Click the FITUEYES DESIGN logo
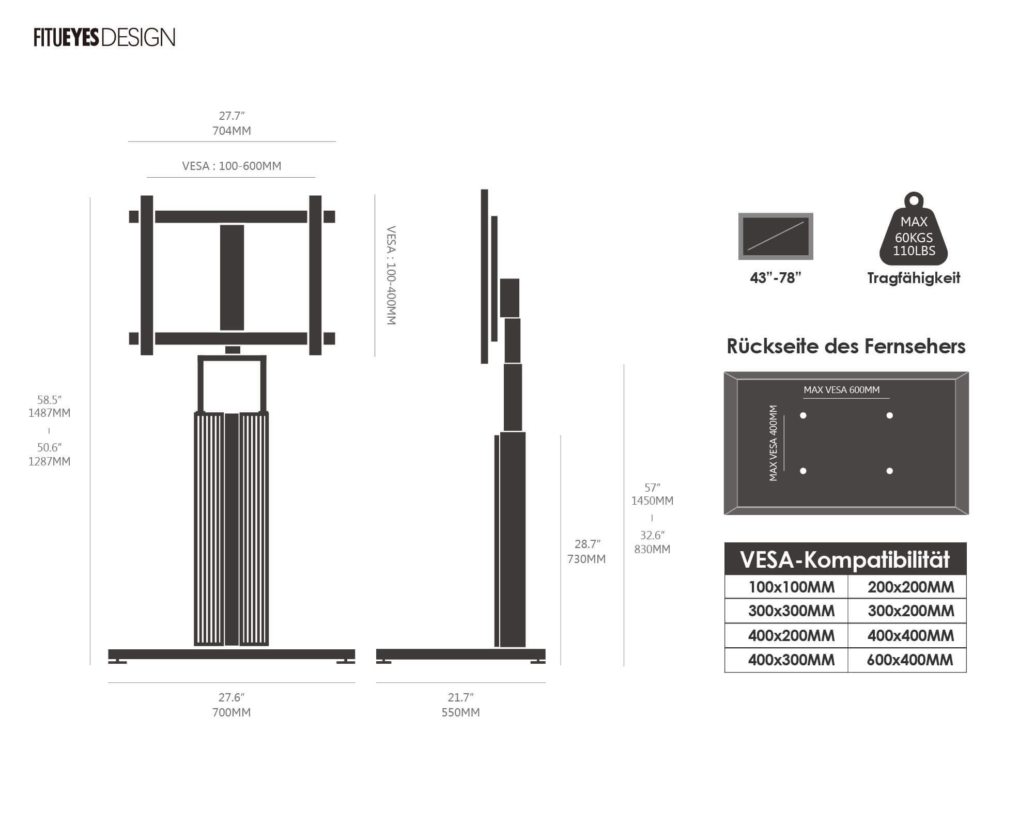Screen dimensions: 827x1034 pos(104,38)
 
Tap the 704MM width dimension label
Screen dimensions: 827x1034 pos(232,131)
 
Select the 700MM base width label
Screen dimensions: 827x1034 pos(232,712)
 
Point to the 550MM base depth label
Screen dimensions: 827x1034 pos(460,712)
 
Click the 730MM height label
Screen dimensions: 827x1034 pos(587,559)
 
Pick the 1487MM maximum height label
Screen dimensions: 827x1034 pos(50,413)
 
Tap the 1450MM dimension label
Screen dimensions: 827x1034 pos(652,501)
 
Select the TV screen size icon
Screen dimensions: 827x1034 pos(776,236)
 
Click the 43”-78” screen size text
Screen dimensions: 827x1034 pos(775,278)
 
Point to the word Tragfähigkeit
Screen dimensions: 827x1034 pos(914,278)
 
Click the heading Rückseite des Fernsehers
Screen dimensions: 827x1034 pos(846,346)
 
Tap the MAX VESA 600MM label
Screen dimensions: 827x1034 pos(841,390)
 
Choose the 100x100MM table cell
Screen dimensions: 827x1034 pos(791,587)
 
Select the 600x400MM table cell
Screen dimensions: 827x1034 pos(909,660)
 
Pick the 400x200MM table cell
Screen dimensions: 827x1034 pos(791,635)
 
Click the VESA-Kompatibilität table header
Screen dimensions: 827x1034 pos(845,559)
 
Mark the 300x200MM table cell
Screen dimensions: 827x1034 pos(910,611)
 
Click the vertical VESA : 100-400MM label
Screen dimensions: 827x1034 pos(391,275)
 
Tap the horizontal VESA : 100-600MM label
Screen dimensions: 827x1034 pos(232,166)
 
